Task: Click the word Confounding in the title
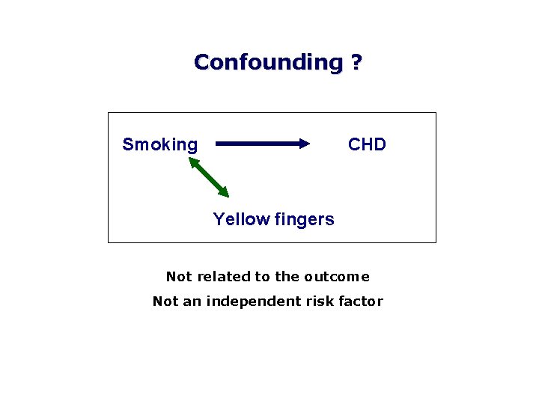[267, 62]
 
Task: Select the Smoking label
[160, 144]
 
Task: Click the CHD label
[367, 144]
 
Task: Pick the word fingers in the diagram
[304, 219]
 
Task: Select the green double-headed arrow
[209, 177]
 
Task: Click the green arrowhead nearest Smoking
[193, 161]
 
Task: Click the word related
[224, 277]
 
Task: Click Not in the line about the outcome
[178, 277]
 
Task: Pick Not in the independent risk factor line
[165, 302]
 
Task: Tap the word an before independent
[195, 302]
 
